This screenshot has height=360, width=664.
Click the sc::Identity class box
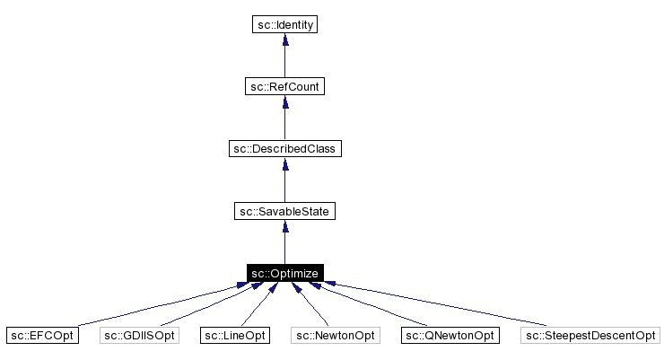point(284,24)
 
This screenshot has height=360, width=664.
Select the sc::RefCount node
point(284,86)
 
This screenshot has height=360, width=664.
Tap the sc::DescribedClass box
point(284,148)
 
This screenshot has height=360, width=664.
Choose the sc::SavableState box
point(284,211)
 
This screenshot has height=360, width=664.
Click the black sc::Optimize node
point(284,273)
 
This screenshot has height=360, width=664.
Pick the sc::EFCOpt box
point(41,336)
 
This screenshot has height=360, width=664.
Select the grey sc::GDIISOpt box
point(139,336)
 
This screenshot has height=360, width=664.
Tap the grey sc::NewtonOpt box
point(336,336)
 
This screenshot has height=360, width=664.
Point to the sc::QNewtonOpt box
point(449,336)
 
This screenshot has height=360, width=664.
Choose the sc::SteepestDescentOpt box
point(590,336)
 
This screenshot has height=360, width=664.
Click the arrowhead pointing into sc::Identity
point(284,40)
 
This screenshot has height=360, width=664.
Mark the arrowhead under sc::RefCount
point(284,102)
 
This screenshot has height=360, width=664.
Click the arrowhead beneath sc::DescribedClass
point(284,164)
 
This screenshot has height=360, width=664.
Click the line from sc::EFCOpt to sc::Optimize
point(153,306)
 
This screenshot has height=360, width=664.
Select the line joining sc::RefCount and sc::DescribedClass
point(284,121)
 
